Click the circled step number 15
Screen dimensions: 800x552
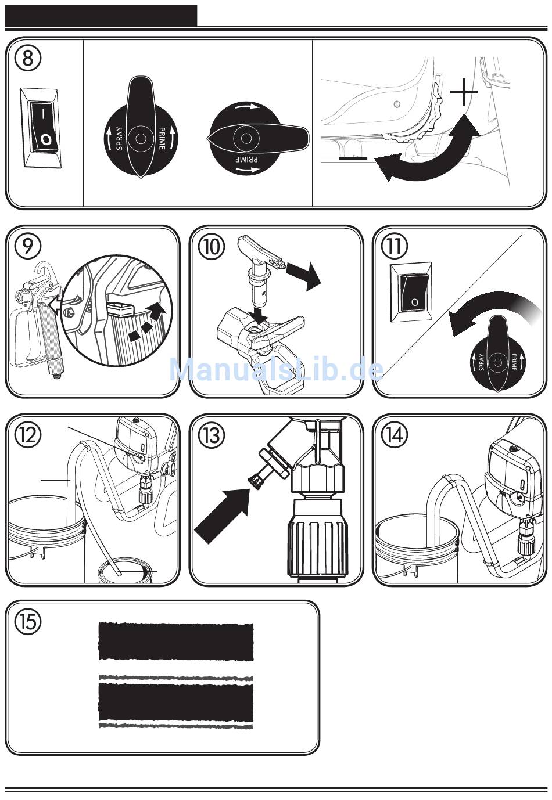pos(28,622)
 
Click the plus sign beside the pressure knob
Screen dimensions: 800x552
pos(464,92)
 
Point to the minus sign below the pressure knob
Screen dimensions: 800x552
pos(353,157)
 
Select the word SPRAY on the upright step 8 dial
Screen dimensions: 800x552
pos(120,138)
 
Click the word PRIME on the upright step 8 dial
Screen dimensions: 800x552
pos(162,139)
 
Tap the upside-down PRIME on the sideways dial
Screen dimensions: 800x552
pos(246,159)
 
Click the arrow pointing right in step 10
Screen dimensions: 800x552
pos(303,274)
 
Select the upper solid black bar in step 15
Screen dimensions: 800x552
pos(175,642)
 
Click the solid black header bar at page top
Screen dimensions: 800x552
pos(101,15)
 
